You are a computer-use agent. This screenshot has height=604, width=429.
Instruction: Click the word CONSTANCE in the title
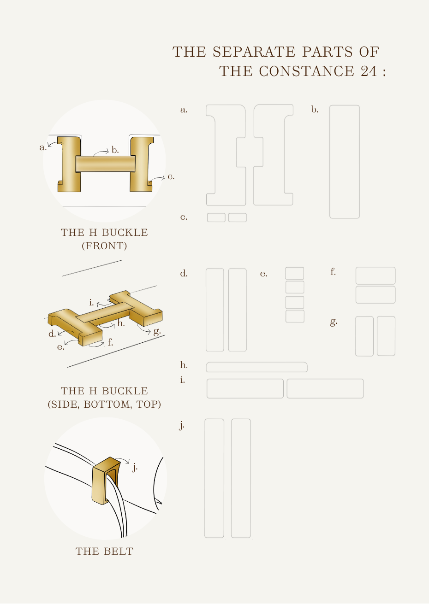coord(306,71)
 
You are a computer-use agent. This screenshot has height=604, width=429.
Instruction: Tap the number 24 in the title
coord(369,71)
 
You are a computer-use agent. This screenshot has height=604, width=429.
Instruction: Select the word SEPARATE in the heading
coord(254,52)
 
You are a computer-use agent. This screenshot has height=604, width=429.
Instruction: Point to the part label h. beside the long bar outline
coord(184,365)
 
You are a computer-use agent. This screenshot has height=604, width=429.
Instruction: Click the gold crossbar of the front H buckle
coord(105,164)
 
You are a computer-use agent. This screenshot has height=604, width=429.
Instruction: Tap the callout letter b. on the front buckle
coord(115,150)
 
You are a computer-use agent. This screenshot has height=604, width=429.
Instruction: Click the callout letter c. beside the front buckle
coord(171,177)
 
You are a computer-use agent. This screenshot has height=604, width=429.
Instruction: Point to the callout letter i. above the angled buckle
coord(91,303)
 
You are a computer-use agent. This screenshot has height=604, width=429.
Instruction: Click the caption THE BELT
coord(105,551)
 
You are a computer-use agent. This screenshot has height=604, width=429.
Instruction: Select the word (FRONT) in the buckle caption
coord(104,246)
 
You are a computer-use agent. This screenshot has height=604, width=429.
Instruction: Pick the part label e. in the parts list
coord(263,274)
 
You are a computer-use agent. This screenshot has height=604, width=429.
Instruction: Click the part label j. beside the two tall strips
coord(182,426)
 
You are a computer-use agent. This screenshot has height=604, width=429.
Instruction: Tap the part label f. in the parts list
coord(333,272)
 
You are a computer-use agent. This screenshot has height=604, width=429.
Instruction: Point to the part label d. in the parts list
coord(184,273)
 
